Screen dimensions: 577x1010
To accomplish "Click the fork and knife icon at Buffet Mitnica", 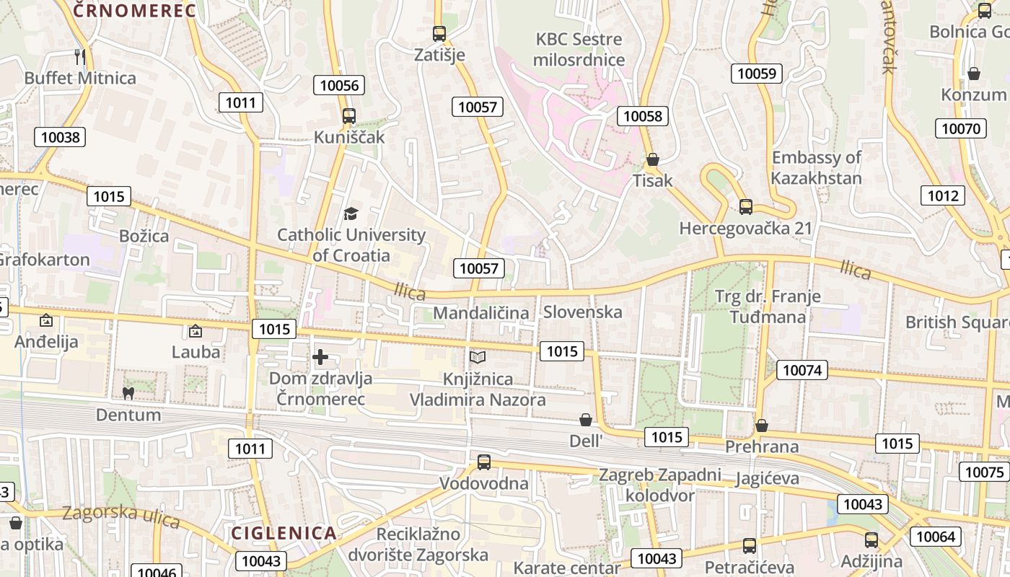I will [80, 56].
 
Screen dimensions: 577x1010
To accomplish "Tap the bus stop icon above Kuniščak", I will [349, 115].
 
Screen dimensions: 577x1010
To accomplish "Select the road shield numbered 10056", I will [339, 85].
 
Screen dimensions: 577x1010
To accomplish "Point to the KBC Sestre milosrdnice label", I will [579, 49].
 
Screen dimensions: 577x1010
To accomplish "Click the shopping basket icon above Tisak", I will [653, 159].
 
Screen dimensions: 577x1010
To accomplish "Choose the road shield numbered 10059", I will [757, 73].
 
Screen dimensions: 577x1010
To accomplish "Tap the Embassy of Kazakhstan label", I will [816, 168].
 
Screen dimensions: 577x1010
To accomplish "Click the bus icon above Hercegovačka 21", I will [746, 207].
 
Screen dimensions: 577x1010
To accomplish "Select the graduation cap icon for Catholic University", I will [351, 213].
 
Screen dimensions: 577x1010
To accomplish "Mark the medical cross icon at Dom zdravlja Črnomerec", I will [320, 357].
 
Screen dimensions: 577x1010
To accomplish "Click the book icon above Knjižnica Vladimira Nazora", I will [478, 357].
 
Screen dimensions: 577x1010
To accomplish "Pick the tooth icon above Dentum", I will [128, 394].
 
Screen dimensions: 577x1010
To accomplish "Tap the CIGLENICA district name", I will [284, 533].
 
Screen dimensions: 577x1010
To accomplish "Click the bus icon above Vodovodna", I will [484, 462].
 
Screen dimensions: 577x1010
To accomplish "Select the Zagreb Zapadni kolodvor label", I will [660, 485].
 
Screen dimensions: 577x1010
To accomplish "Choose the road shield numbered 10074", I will [802, 371].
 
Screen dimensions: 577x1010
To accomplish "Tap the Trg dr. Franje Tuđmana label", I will [768, 307].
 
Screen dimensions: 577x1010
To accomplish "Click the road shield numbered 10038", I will [61, 137].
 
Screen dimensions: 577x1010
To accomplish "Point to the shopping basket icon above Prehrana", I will [762, 426].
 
